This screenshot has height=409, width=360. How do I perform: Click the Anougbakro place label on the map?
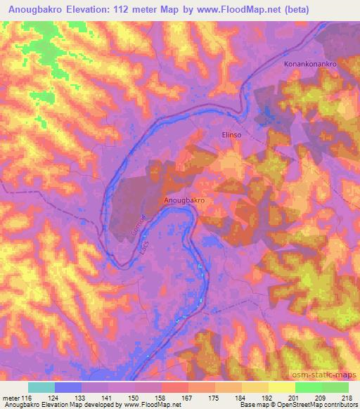pyautogui.click(x=184, y=200)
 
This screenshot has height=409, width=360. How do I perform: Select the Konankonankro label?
pyautogui.click(x=311, y=64)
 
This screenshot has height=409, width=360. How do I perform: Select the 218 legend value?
pyautogui.click(x=348, y=398)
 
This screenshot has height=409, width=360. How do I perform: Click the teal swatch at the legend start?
pyautogui.click(x=41, y=387)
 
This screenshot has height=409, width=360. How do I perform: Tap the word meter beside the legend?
pyautogui.click(x=11, y=398)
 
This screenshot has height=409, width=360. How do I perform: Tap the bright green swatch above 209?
pyautogui.click(x=308, y=387)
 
